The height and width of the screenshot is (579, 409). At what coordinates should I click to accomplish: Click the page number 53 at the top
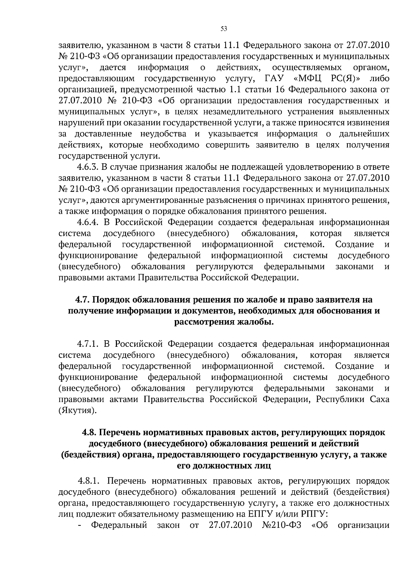[224, 29]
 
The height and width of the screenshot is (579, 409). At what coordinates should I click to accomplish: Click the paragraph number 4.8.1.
[88, 481]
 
